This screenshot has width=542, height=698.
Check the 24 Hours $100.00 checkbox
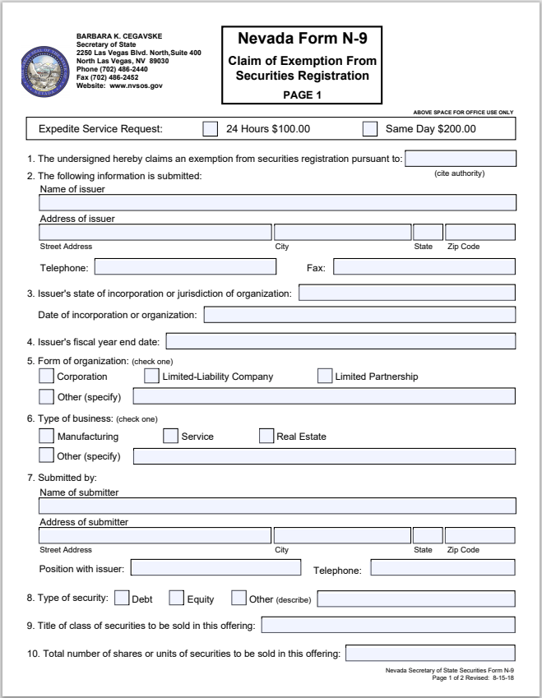point(211,129)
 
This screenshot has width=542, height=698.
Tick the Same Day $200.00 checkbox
point(370,129)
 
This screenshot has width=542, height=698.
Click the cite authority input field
point(461,159)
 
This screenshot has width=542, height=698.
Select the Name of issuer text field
point(278,203)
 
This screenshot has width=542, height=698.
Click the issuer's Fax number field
point(424,266)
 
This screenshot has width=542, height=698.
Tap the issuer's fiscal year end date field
point(340,341)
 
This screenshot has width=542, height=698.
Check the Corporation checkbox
point(47,377)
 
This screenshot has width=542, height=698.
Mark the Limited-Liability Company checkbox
point(151,377)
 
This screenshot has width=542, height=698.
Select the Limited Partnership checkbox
point(325,377)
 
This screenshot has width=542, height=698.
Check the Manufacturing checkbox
point(47,437)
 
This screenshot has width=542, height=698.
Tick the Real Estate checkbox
point(266,437)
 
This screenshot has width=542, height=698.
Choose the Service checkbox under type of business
point(170,437)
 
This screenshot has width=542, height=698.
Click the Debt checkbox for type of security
point(122,599)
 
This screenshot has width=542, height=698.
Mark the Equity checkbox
point(177,599)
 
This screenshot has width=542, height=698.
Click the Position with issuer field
point(215,567)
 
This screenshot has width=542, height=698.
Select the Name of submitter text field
point(278,506)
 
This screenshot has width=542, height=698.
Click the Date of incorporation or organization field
point(359,315)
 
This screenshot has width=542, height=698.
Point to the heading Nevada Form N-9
point(302,38)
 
